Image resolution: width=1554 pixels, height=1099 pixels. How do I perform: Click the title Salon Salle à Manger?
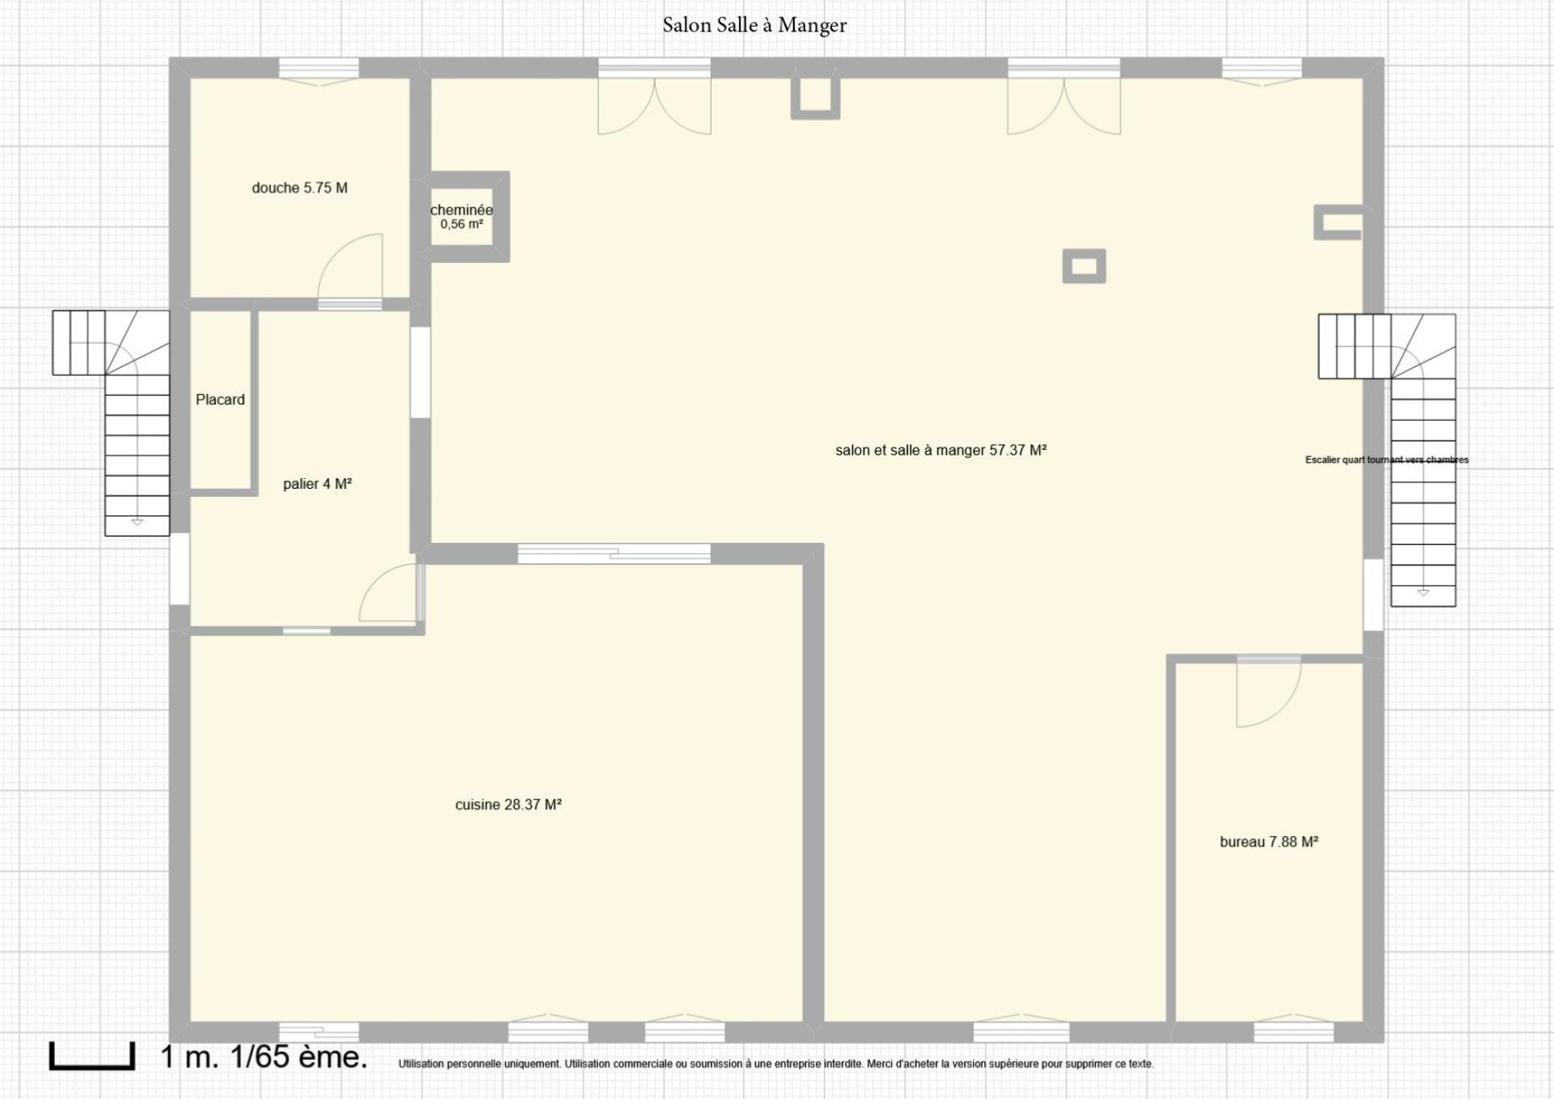[754, 26]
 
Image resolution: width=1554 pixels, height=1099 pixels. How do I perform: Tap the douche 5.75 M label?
[299, 188]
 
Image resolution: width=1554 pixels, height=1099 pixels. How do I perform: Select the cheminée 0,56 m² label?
[461, 217]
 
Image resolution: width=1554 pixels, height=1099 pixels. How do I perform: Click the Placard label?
[220, 400]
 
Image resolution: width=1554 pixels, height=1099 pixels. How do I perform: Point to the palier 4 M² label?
[317, 484]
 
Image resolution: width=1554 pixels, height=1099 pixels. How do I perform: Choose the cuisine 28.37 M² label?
[508, 804]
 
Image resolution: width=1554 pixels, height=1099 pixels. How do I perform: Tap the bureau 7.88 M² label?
[1269, 842]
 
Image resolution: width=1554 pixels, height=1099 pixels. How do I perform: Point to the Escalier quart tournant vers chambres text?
[1387, 460]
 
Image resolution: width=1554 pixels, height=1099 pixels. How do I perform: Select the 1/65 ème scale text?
[299, 1056]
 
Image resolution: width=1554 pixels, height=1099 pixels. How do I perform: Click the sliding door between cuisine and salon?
[614, 554]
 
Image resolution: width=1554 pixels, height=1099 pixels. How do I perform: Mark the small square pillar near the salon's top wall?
[815, 98]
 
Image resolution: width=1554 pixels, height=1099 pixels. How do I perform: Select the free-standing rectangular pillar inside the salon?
[1084, 266]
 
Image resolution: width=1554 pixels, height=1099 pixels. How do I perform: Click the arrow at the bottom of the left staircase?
[137, 523]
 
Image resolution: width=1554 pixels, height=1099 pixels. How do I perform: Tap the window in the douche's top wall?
[319, 70]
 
